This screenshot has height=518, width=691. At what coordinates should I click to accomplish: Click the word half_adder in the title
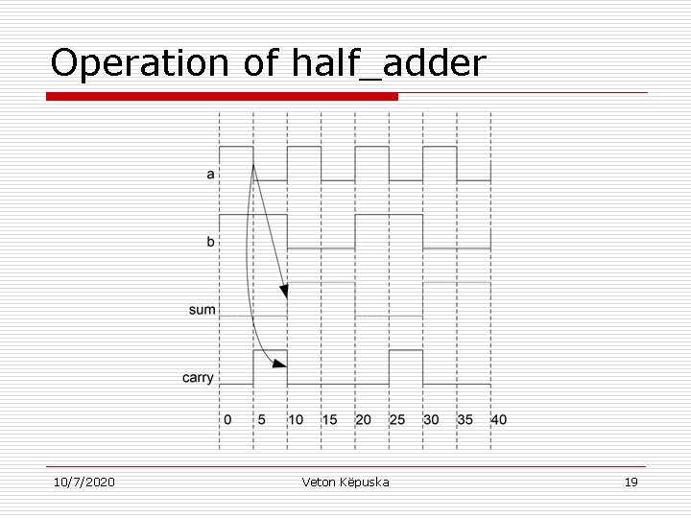click(386, 63)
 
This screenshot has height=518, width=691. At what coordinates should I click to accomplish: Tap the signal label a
click(210, 175)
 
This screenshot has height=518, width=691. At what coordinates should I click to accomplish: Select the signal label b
click(210, 242)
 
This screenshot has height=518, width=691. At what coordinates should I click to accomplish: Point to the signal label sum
click(203, 310)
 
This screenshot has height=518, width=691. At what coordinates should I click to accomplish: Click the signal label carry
click(199, 378)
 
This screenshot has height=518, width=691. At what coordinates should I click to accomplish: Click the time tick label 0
click(226, 419)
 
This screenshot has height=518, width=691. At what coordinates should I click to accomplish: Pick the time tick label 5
click(261, 419)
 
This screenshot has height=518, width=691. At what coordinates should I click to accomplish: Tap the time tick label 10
click(295, 419)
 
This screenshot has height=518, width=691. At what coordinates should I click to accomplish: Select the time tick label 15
click(329, 419)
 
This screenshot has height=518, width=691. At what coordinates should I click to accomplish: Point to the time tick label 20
click(363, 419)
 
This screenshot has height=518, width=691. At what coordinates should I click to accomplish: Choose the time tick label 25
click(396, 419)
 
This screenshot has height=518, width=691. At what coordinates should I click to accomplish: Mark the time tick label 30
click(431, 419)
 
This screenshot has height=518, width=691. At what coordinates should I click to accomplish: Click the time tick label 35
click(465, 419)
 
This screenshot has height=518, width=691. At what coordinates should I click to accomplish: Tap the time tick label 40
click(499, 419)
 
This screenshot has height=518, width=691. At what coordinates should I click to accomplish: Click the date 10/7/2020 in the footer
click(83, 482)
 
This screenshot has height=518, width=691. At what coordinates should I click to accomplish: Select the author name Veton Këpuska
click(345, 482)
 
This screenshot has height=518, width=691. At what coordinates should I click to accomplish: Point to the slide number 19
click(631, 482)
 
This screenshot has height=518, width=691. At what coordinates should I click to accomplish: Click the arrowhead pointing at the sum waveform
click(283, 290)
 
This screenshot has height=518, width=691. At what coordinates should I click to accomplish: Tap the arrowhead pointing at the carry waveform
click(279, 363)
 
